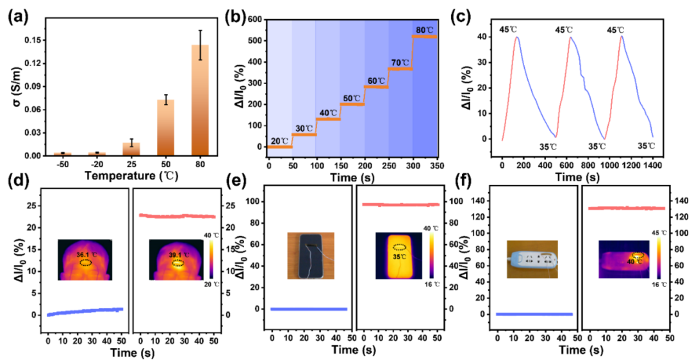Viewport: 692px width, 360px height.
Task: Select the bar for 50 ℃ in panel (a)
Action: (165, 128)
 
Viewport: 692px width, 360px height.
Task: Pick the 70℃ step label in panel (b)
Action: (399, 62)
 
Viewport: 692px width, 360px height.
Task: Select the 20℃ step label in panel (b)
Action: (279, 140)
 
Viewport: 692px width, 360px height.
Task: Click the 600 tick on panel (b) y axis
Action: (253, 19)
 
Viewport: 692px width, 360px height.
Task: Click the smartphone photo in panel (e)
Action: (311, 255)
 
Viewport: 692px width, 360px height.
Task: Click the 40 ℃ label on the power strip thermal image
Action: (636, 261)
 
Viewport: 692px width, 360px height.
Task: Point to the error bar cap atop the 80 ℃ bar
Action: (200, 30)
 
